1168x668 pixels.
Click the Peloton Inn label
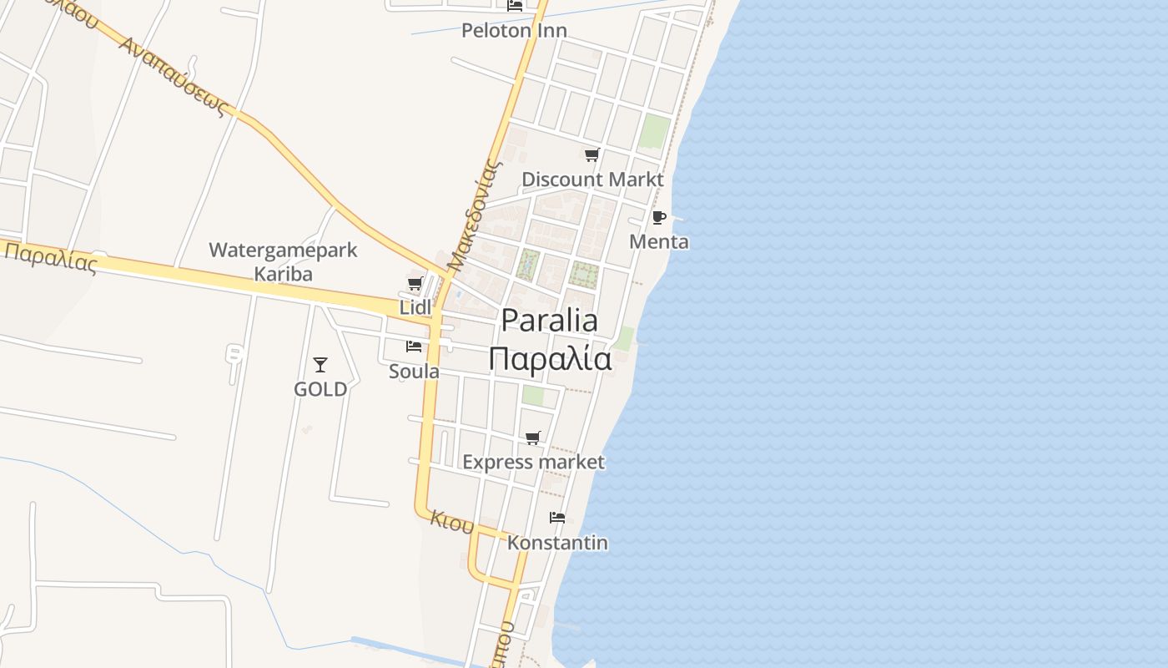(514, 31)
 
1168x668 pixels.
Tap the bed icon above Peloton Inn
(515, 5)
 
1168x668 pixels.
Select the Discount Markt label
(592, 180)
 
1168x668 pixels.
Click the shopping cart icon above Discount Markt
(592, 154)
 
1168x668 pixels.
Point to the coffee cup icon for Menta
(658, 218)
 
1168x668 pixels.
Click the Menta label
(659, 242)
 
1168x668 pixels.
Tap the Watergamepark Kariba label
(283, 261)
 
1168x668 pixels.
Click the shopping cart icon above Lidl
(415, 284)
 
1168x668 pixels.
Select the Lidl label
(415, 307)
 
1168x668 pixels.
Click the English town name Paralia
(549, 321)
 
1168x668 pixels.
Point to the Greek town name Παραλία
(550, 359)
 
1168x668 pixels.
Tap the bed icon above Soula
(414, 347)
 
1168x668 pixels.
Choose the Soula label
(414, 371)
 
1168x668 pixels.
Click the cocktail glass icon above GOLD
(320, 365)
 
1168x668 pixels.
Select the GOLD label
(320, 389)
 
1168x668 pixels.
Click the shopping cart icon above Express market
(533, 438)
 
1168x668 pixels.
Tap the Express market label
(533, 462)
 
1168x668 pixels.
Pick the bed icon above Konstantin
(557, 518)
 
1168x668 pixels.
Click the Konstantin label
(557, 543)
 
